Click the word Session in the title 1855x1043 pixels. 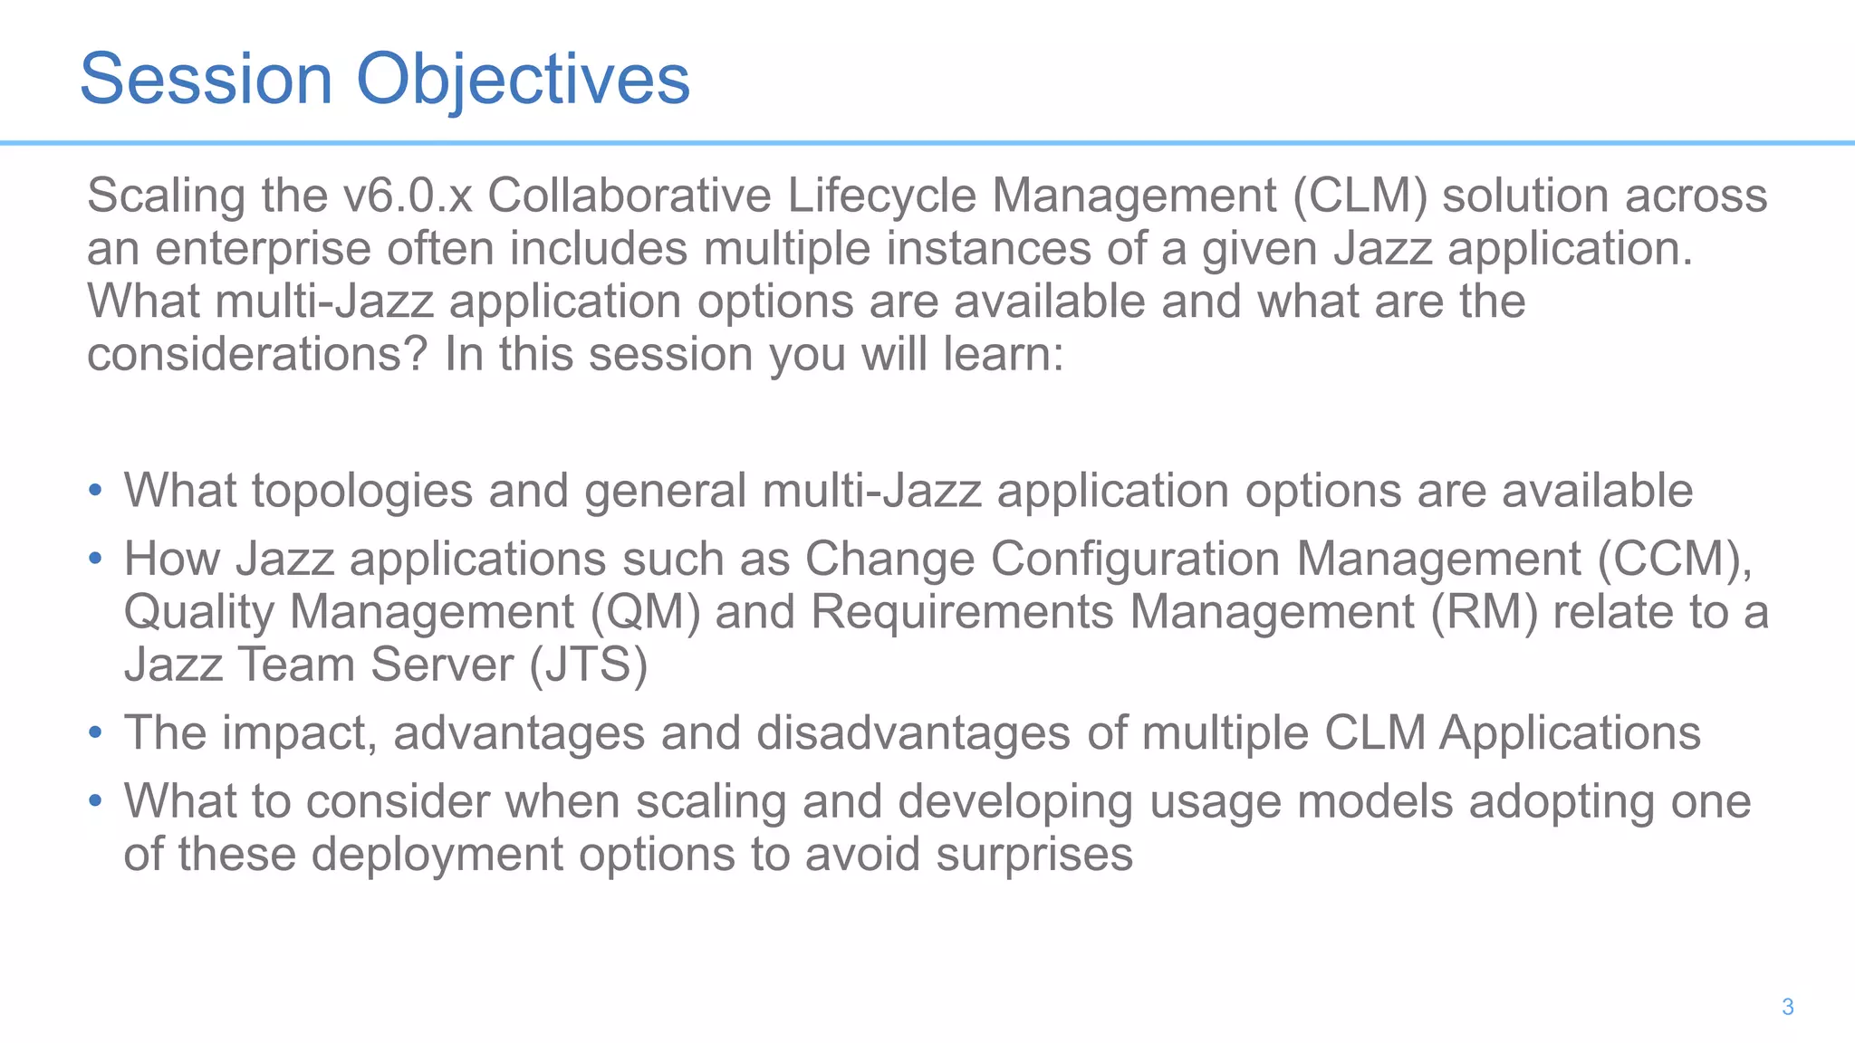click(x=207, y=80)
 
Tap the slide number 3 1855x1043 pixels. click(x=1787, y=1007)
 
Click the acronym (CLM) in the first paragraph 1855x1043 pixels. click(x=1360, y=196)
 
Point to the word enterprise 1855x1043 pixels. click(x=263, y=249)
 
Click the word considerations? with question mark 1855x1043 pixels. click(x=256, y=355)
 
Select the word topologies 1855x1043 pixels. click(x=362, y=492)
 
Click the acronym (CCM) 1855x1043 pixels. click(x=1674, y=560)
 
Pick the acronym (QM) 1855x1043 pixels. click(x=646, y=612)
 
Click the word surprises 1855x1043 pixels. click(x=1033, y=855)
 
